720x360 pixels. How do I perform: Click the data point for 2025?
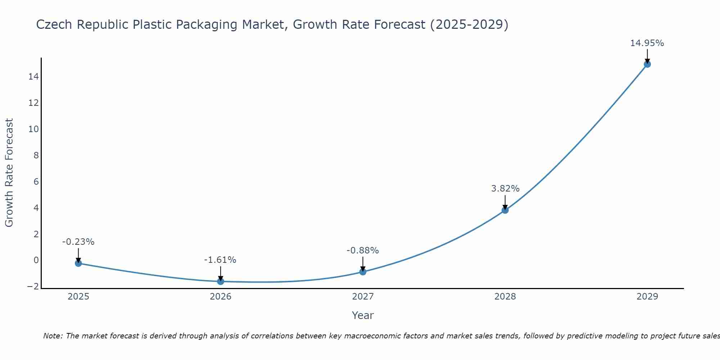[78, 263]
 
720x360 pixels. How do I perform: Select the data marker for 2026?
[221, 281]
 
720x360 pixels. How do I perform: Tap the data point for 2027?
[363, 272]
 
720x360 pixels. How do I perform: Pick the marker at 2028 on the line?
[505, 210]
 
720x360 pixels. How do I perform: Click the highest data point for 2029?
[647, 64]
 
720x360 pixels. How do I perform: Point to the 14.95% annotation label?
[647, 43]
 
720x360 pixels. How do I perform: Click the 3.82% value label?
[505, 189]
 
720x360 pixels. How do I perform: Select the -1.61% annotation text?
[220, 260]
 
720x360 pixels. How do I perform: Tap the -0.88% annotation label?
[363, 251]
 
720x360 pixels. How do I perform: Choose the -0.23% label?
[78, 242]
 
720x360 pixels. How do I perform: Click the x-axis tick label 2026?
[221, 297]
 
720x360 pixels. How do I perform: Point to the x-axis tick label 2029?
[647, 297]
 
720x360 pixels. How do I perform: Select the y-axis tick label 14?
[34, 77]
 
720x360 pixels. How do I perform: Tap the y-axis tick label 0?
[36, 260]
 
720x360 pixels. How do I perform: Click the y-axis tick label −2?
[33, 287]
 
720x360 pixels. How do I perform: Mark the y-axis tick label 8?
[36, 156]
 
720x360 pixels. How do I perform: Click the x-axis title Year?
[363, 315]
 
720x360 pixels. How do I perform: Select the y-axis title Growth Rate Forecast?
[9, 173]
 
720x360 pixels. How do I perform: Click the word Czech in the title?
[54, 24]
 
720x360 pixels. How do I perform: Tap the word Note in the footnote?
[53, 336]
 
